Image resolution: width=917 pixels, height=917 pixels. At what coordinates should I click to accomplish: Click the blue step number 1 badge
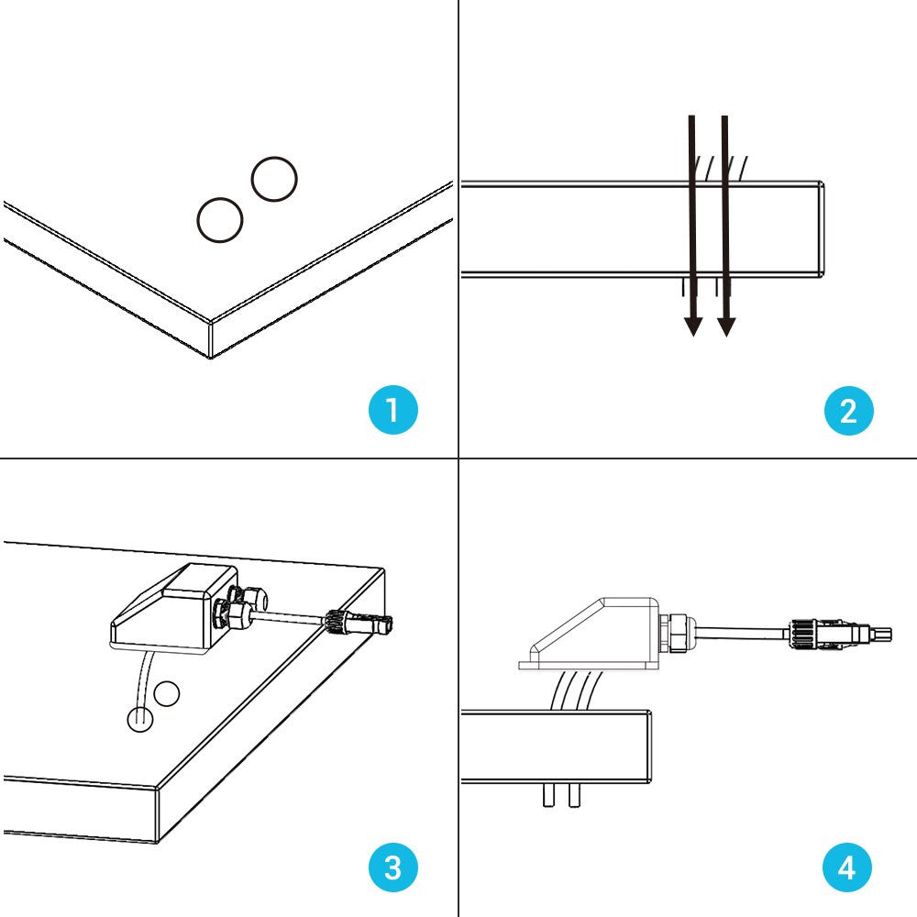[393, 410]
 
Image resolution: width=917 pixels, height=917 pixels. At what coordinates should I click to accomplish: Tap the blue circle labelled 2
[847, 410]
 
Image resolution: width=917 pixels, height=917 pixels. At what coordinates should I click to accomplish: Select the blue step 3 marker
[393, 867]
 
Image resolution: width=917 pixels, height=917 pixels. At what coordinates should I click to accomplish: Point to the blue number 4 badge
[847, 867]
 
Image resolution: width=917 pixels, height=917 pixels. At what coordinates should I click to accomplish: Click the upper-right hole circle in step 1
[274, 180]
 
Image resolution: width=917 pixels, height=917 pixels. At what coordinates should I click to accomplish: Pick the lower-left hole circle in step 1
[220, 220]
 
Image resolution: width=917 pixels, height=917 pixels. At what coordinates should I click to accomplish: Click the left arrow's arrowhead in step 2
[693, 324]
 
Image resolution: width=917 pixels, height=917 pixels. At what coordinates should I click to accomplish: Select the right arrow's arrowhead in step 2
[726, 324]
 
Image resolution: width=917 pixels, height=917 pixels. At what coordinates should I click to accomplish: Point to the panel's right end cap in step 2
[821, 228]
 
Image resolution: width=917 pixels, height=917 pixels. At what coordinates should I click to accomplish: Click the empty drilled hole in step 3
[167, 694]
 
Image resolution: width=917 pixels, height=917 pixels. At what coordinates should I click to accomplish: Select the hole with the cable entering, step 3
[138, 720]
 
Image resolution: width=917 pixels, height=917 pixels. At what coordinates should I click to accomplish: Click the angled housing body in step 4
[591, 633]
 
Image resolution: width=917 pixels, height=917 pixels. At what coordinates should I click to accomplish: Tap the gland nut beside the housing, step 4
[677, 633]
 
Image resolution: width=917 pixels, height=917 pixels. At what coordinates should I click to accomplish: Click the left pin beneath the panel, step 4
[548, 795]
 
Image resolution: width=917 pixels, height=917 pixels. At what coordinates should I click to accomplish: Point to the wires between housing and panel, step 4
[573, 690]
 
